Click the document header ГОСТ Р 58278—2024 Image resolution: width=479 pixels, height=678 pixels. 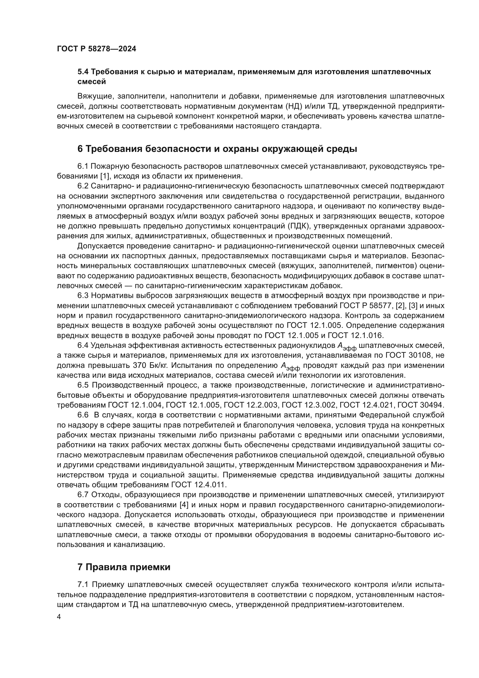[x=96, y=49]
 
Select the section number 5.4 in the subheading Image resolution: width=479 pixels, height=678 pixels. [x=83, y=72]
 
